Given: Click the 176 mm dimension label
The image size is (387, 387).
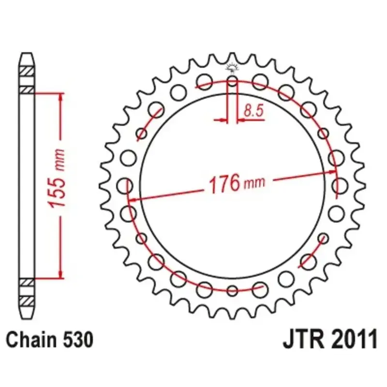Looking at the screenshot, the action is tap(237, 183).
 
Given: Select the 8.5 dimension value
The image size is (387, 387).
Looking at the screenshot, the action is tap(253, 110).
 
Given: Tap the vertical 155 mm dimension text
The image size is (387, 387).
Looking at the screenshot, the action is tap(57, 178).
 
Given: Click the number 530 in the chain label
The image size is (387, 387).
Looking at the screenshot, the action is tap(78, 340).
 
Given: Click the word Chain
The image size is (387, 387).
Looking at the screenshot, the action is tap(31, 340).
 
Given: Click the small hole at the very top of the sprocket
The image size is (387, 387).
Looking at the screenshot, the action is tap(232, 81).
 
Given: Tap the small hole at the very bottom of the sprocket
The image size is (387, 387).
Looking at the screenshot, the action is tap(232, 290).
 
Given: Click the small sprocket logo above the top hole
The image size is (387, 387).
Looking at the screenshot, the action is tap(232, 68).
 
